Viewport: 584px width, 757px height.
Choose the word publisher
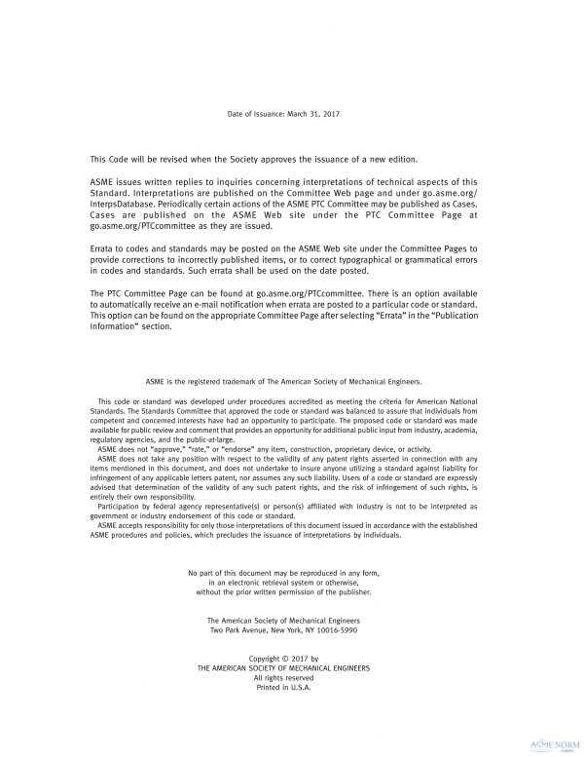(351, 591)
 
